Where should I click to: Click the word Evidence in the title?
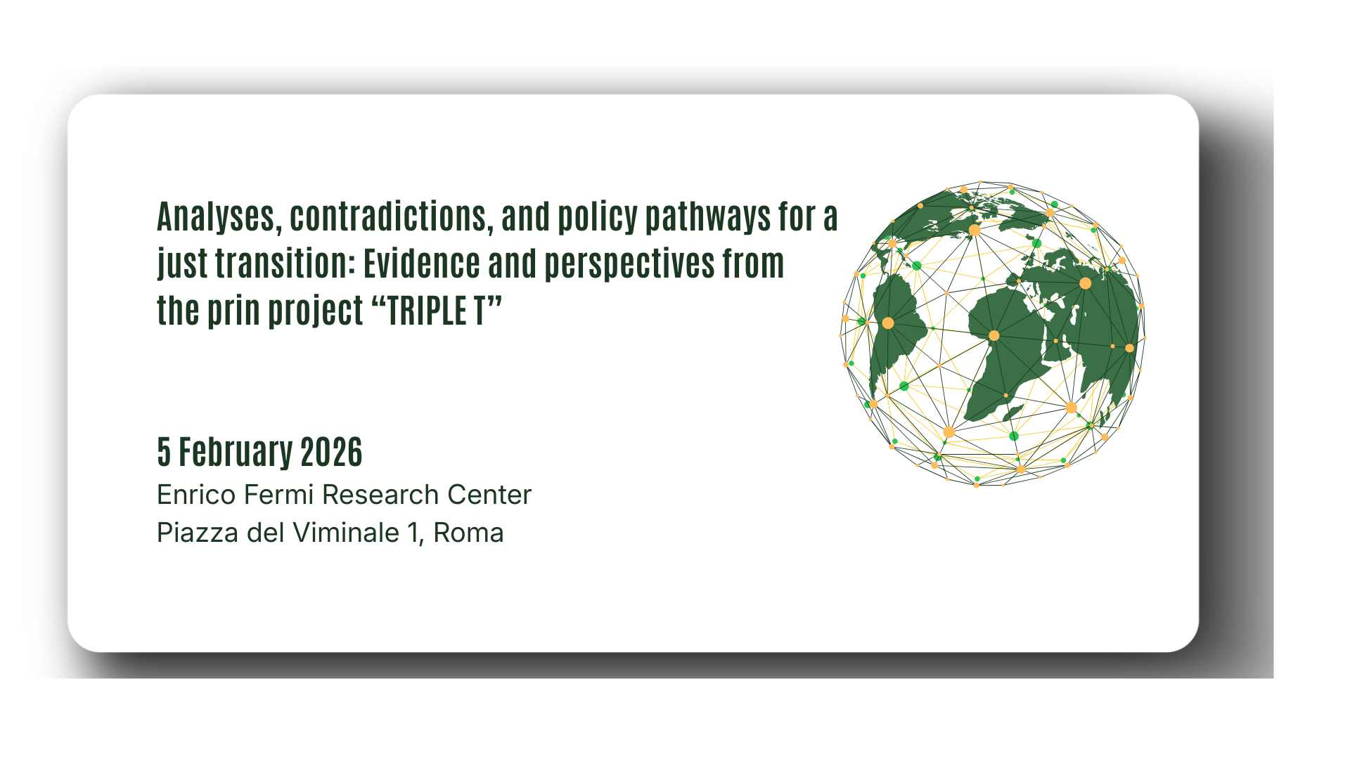[x=421, y=264]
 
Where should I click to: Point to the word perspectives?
[x=620, y=264]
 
